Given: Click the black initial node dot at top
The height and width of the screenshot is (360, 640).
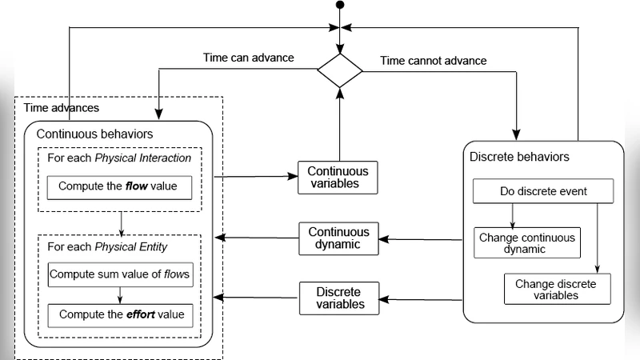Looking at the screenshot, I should click(340, 6).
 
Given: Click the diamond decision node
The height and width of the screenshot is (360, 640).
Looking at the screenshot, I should click(340, 71).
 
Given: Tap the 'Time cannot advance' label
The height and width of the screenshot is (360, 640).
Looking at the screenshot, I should click(433, 60).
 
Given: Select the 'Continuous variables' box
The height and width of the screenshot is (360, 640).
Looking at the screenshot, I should click(338, 178).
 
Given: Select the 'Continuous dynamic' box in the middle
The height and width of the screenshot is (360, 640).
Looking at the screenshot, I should click(338, 238).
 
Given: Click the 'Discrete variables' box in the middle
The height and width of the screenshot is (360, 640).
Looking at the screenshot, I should click(338, 297).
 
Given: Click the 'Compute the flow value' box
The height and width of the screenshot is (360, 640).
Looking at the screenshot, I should click(119, 188).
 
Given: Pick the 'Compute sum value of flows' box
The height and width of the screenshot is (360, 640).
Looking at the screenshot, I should click(119, 274).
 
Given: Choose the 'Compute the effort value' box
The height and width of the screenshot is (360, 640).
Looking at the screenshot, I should click(119, 314).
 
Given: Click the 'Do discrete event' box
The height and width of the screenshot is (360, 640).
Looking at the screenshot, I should click(543, 192).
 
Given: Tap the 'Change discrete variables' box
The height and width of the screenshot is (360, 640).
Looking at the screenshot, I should click(557, 289).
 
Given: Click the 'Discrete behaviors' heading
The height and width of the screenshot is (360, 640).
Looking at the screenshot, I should click(519, 157).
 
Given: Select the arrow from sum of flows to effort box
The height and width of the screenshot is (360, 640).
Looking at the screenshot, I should click(119, 294).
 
